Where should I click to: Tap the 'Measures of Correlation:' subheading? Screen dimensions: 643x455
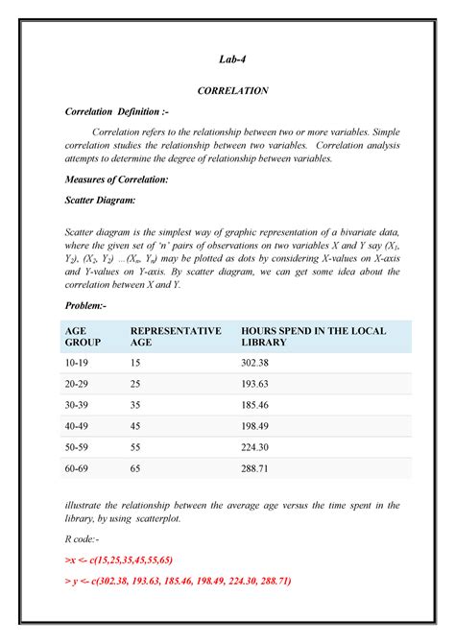tap(116, 179)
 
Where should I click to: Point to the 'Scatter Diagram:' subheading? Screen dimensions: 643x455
tap(100, 201)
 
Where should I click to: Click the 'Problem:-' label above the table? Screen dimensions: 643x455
tap(86, 304)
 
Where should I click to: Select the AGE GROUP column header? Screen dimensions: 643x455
tap(82, 336)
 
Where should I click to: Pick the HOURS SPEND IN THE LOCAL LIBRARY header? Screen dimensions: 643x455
tap(314, 336)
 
